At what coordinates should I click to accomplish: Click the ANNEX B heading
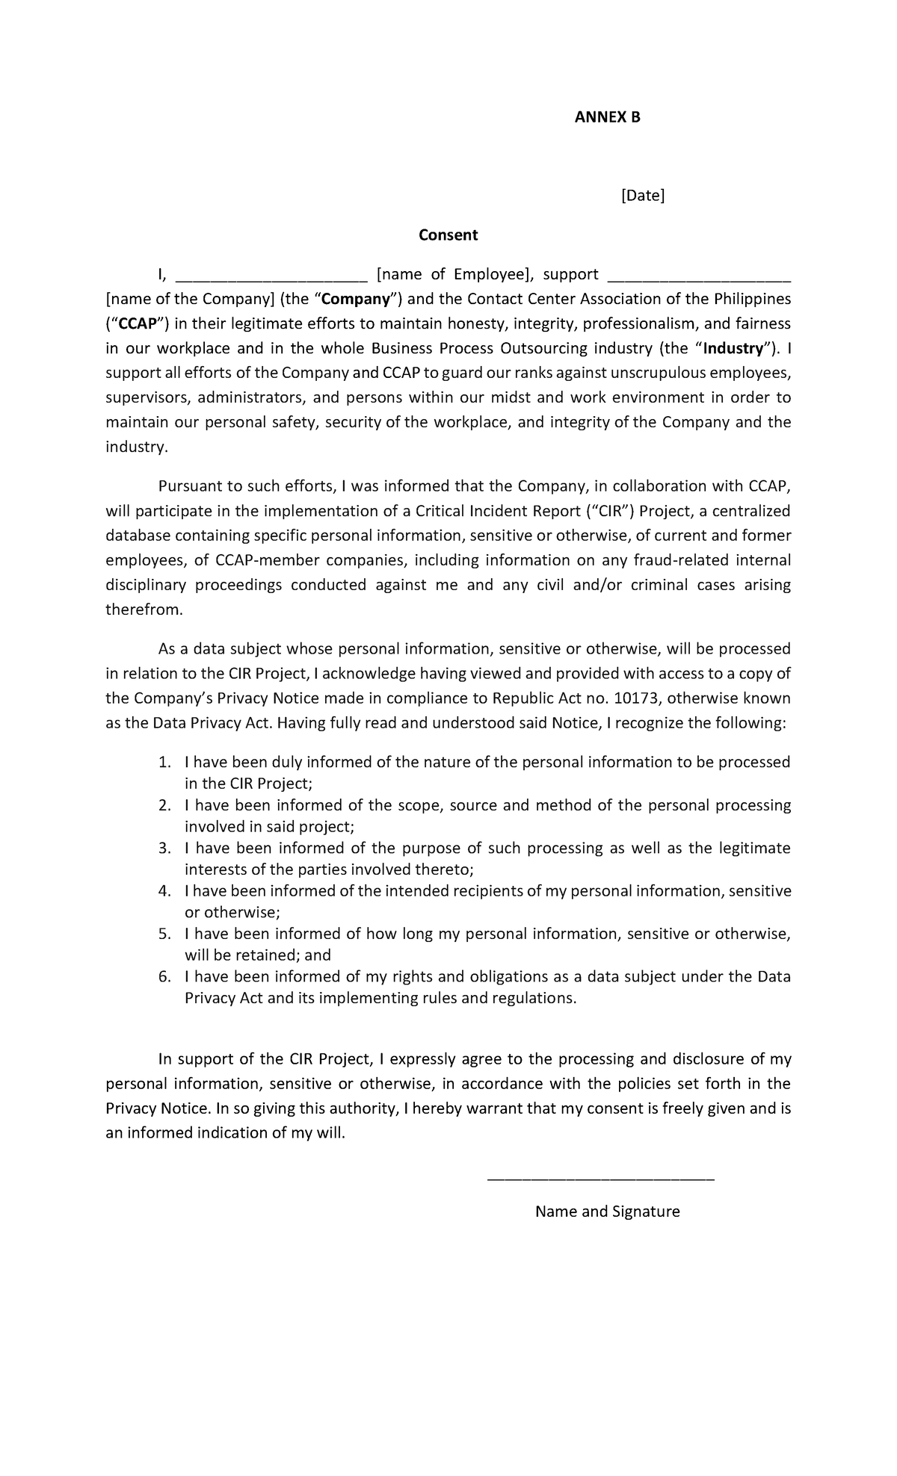point(607,117)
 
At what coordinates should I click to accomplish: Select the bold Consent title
point(448,235)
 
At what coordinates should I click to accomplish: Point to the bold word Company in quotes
point(362,300)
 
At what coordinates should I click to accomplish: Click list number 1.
point(164,763)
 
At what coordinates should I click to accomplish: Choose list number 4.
point(164,891)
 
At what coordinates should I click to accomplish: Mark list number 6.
point(164,977)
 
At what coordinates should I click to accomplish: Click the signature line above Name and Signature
point(600,1179)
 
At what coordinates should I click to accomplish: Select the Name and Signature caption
point(607,1212)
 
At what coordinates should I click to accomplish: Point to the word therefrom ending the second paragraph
point(143,610)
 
